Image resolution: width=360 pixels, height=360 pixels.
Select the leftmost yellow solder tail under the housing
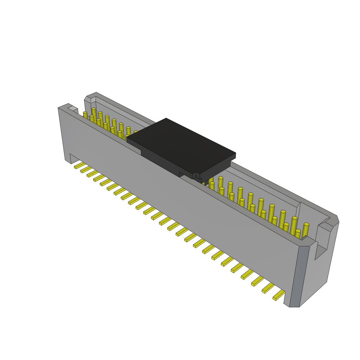(79, 165)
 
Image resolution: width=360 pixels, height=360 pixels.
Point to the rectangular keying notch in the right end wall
(320, 251)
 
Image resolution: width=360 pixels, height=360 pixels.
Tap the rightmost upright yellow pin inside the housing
(306, 230)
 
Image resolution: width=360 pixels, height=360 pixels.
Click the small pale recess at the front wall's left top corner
(73, 109)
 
